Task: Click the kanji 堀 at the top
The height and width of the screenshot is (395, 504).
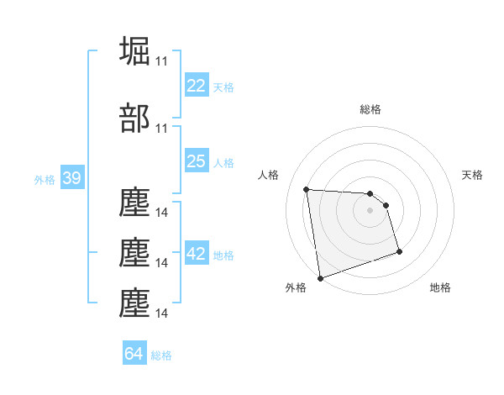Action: point(135,51)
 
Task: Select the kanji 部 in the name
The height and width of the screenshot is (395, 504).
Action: point(135,118)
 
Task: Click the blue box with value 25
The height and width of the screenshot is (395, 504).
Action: point(196,161)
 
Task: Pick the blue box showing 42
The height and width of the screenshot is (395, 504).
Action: point(196,254)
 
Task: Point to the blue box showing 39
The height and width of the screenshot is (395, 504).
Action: point(71,179)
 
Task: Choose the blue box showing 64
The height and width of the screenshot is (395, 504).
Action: point(134,354)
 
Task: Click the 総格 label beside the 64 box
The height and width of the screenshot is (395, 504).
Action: point(161,355)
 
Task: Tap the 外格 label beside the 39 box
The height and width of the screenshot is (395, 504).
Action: point(45,180)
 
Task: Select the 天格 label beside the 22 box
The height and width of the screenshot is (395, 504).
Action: point(223,87)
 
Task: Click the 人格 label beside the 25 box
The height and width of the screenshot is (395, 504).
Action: point(223,162)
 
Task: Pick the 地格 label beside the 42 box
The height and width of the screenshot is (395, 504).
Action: point(223,255)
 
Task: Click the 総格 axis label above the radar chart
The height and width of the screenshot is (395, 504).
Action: point(370,109)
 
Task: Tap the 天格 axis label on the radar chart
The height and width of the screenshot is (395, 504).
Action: point(472,175)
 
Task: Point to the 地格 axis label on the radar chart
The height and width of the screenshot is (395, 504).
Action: point(440,287)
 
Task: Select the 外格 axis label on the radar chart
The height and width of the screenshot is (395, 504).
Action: point(296,287)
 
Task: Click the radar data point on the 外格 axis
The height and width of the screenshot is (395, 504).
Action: point(319,277)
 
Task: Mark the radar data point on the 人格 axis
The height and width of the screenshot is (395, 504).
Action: point(306,189)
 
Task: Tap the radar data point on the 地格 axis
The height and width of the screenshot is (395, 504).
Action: point(399,251)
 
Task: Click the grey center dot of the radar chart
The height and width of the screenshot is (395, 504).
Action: point(370,210)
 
